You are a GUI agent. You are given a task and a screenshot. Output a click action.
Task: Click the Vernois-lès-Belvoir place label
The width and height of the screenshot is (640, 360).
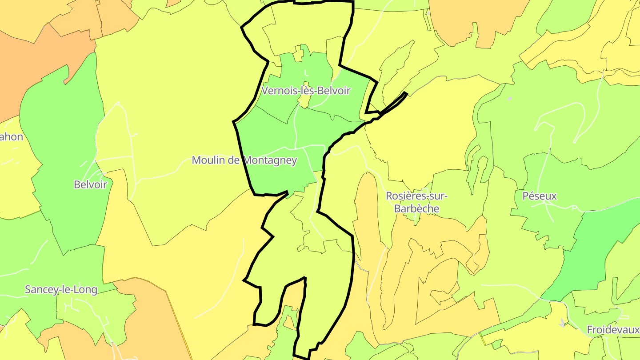(306, 91)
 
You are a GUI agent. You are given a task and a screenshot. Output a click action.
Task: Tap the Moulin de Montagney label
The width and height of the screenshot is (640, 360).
(244, 160)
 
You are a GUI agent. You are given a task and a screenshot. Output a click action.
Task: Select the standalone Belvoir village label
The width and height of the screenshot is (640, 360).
(91, 184)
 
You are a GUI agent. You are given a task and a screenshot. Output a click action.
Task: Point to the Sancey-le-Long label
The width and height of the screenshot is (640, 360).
(61, 289)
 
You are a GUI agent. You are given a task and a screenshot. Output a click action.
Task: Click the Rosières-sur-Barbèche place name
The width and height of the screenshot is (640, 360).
(416, 202)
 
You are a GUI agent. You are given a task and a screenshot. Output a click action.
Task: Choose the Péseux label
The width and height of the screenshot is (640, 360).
(540, 196)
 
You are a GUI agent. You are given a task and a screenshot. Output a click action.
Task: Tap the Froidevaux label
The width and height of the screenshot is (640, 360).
(612, 330)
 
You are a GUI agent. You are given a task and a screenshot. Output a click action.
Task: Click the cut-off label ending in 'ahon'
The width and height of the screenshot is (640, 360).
(11, 137)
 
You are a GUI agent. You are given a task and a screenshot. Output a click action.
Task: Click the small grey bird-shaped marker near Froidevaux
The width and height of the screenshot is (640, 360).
(563, 323)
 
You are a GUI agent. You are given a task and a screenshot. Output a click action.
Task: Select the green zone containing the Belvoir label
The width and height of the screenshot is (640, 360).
(62, 133)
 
